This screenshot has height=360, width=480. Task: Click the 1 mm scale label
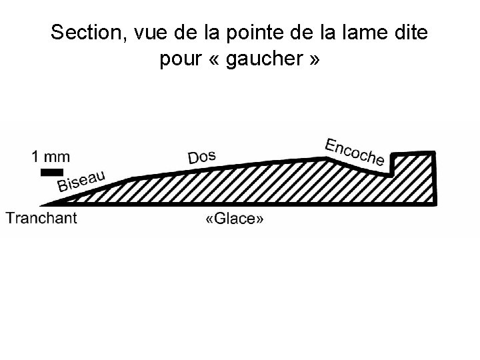[x=50, y=157]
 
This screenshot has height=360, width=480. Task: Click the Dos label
[x=201, y=157]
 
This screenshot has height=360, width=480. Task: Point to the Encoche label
[x=354, y=151]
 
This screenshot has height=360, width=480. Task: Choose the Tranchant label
[x=41, y=218]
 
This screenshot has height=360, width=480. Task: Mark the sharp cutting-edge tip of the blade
[x=41, y=205]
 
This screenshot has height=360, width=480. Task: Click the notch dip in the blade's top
[x=389, y=175]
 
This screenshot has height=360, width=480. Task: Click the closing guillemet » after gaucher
[x=313, y=61]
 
